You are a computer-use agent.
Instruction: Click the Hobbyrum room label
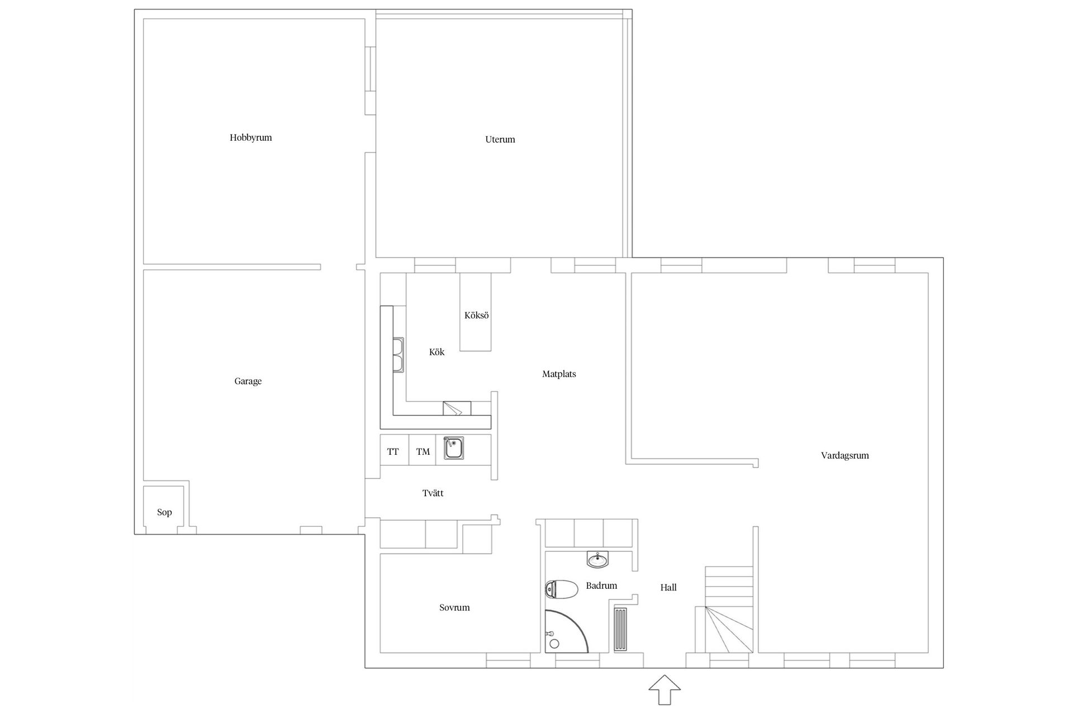click(250, 137)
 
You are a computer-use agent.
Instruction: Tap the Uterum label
click(500, 139)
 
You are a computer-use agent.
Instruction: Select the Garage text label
click(248, 381)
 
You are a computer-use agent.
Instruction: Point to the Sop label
click(164, 512)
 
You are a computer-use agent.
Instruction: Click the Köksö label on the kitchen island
click(476, 315)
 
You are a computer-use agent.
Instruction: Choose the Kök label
click(436, 352)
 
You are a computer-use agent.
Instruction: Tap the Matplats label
click(559, 374)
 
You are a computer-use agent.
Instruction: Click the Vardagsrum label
click(844, 455)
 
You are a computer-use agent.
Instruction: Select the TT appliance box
click(394, 450)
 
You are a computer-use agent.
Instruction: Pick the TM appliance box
click(422, 450)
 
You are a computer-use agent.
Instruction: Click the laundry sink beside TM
click(454, 448)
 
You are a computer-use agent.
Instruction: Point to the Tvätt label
click(433, 493)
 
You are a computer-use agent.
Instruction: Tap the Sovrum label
click(454, 607)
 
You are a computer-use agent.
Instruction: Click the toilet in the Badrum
click(562, 589)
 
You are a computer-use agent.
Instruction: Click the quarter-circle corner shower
click(565, 631)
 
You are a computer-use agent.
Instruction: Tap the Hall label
click(668, 587)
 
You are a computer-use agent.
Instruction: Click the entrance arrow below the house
click(664, 690)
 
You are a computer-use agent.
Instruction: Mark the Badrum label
click(601, 585)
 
